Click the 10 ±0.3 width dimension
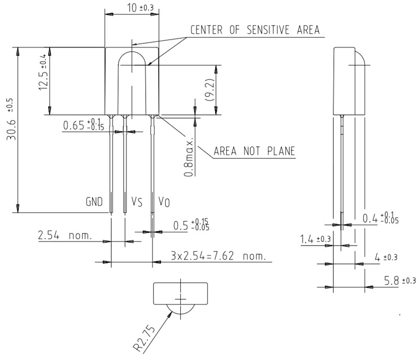[x=133, y=7]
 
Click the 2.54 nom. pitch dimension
[x=64, y=236]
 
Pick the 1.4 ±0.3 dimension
[x=315, y=239]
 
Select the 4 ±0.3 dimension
[x=387, y=257]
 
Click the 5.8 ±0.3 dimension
[x=400, y=281]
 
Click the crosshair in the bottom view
[x=180, y=298]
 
